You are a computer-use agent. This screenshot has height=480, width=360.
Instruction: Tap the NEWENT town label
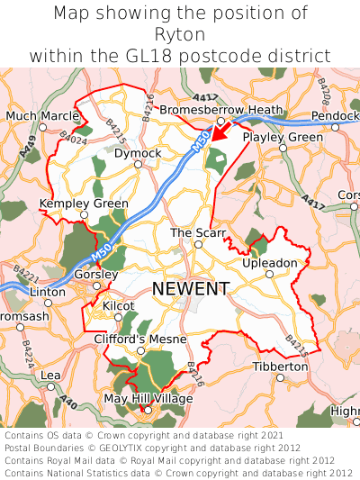pyautogui.click(x=191, y=288)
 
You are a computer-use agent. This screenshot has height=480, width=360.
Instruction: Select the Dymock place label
pyautogui.click(x=138, y=153)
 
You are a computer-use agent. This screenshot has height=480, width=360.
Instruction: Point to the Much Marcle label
pyautogui.click(x=42, y=115)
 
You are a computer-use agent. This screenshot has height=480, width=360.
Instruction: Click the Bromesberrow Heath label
pyautogui.click(x=220, y=110)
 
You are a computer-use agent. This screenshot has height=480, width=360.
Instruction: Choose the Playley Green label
pyautogui.click(x=282, y=137)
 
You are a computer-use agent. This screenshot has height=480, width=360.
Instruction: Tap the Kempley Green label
pyautogui.click(x=84, y=204)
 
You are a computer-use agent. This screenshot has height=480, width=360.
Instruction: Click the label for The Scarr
pyautogui.click(x=198, y=233)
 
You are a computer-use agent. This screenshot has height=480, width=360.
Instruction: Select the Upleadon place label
pyautogui.click(x=269, y=263)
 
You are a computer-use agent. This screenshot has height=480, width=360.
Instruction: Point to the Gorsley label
pyautogui.click(x=94, y=274)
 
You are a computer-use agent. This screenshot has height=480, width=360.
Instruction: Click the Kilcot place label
pyautogui.click(x=118, y=306)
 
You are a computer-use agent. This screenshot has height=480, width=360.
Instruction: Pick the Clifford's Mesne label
pyautogui.click(x=140, y=339)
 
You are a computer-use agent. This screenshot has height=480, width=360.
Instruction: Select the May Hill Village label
pyautogui.click(x=148, y=398)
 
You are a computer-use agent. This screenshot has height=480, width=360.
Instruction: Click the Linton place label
pyautogui.click(x=48, y=293)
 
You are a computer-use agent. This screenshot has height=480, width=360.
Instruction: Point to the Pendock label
pyautogui.click(x=335, y=116)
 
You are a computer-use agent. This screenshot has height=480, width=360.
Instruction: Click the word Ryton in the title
pyautogui.click(x=180, y=34)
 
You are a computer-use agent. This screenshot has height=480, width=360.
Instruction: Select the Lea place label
pyautogui.click(x=50, y=375)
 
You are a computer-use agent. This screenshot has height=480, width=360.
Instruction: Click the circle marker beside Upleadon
pyautogui.click(x=269, y=274)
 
